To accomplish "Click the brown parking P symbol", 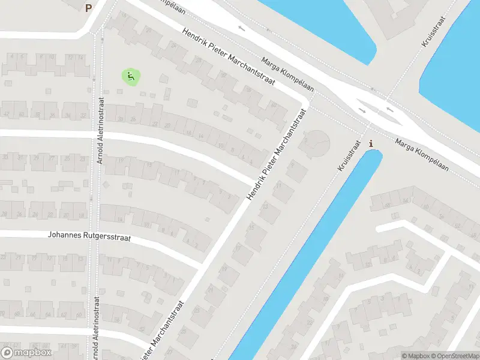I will tap(89, 8).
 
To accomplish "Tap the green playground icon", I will tap(131, 76).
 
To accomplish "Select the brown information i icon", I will tap(371, 143).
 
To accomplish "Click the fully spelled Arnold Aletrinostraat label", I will tap(100, 131).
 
